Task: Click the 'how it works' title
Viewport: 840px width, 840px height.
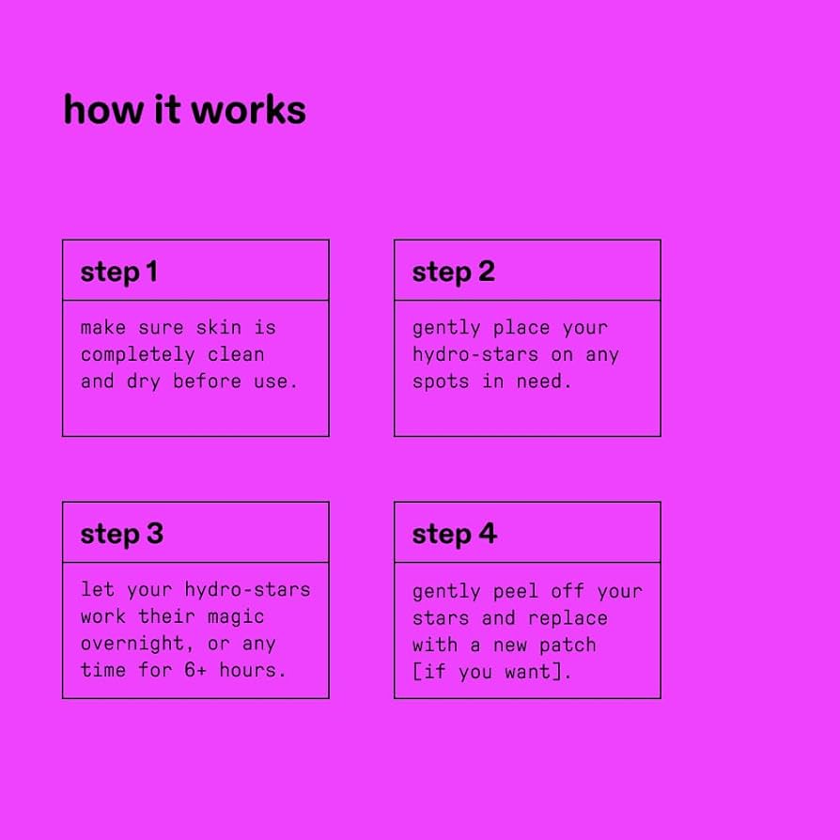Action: point(185,110)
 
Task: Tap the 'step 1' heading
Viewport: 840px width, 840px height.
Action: point(119,272)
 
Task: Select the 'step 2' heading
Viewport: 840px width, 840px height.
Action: point(454,272)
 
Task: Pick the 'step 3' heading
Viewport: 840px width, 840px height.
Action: point(122,534)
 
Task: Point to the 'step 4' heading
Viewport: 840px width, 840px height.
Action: point(455,534)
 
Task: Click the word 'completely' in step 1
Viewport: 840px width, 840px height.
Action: point(138,354)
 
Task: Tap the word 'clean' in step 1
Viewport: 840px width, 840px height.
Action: point(236,354)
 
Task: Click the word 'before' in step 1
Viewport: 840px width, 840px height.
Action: point(208,381)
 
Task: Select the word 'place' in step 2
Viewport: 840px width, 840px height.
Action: point(521,328)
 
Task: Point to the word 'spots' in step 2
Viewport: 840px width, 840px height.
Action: point(441,382)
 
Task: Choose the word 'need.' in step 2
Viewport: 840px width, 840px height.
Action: point(544,381)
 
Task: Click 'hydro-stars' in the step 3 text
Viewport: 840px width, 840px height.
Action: point(247,590)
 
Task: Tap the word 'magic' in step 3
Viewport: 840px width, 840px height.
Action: point(236,616)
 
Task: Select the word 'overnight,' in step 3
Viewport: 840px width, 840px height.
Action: point(137,643)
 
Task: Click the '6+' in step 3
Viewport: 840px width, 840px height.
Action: point(195,670)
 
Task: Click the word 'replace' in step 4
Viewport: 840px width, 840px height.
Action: point(568,618)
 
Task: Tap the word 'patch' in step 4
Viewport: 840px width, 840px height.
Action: point(568,645)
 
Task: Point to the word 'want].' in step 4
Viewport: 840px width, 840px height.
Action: point(537,671)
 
